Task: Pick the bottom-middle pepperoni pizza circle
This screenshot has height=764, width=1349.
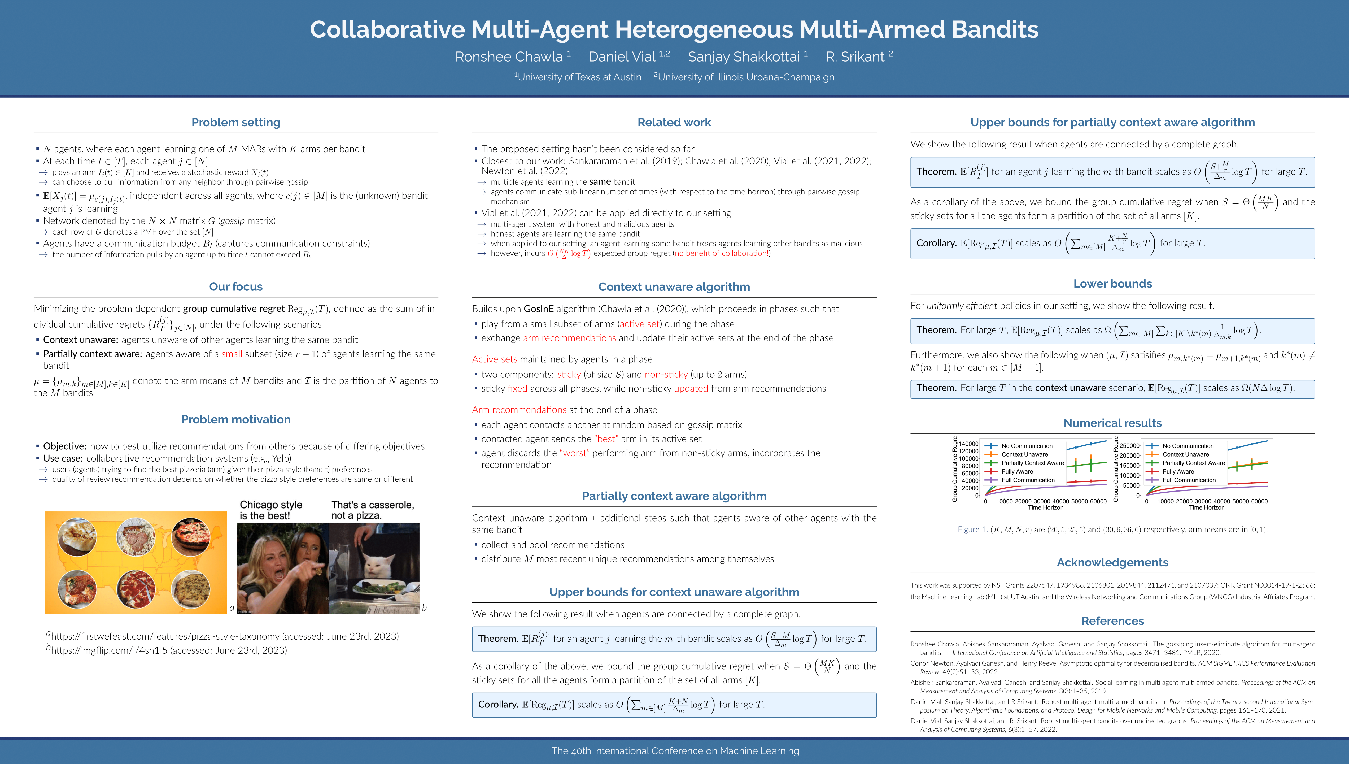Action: pyautogui.click(x=136, y=589)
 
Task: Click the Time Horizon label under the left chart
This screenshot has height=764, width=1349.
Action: pyautogui.click(x=1045, y=507)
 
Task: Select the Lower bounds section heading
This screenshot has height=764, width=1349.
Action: pyautogui.click(x=1112, y=284)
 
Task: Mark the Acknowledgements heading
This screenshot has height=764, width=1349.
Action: pyautogui.click(x=1112, y=562)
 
